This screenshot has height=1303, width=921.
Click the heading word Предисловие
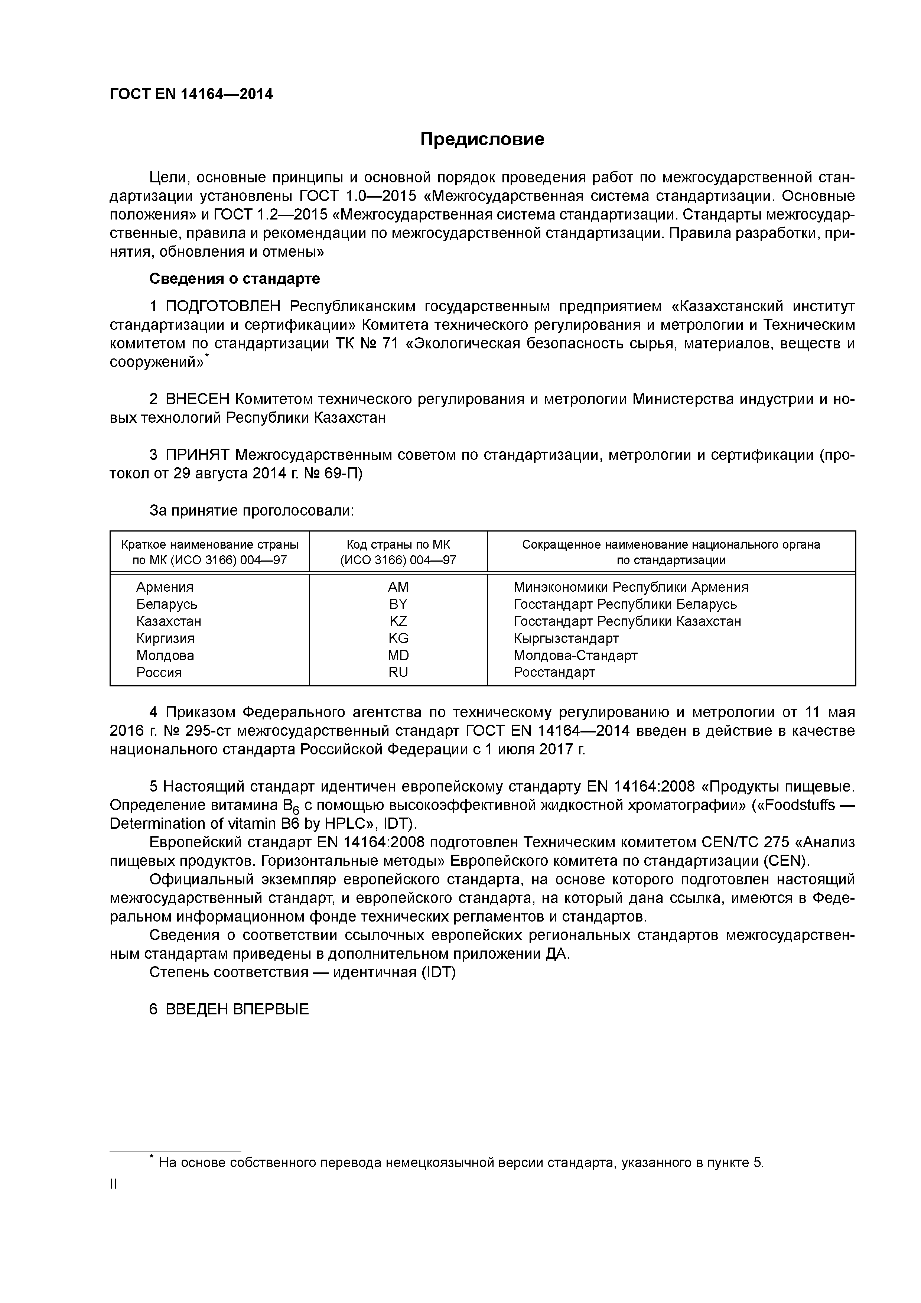(x=482, y=139)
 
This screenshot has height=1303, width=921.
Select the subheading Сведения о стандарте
(x=234, y=279)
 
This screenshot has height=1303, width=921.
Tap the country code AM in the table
(x=398, y=587)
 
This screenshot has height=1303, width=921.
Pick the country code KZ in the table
(x=398, y=621)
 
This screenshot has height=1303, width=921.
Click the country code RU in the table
(x=398, y=672)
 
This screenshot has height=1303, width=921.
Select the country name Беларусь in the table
(x=167, y=604)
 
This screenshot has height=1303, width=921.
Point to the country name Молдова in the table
(x=165, y=655)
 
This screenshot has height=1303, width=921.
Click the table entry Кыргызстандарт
(x=566, y=638)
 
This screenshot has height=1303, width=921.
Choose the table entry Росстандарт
(x=554, y=672)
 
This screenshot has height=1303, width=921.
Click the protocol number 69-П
(x=343, y=473)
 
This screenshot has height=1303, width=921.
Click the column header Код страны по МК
(x=398, y=544)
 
